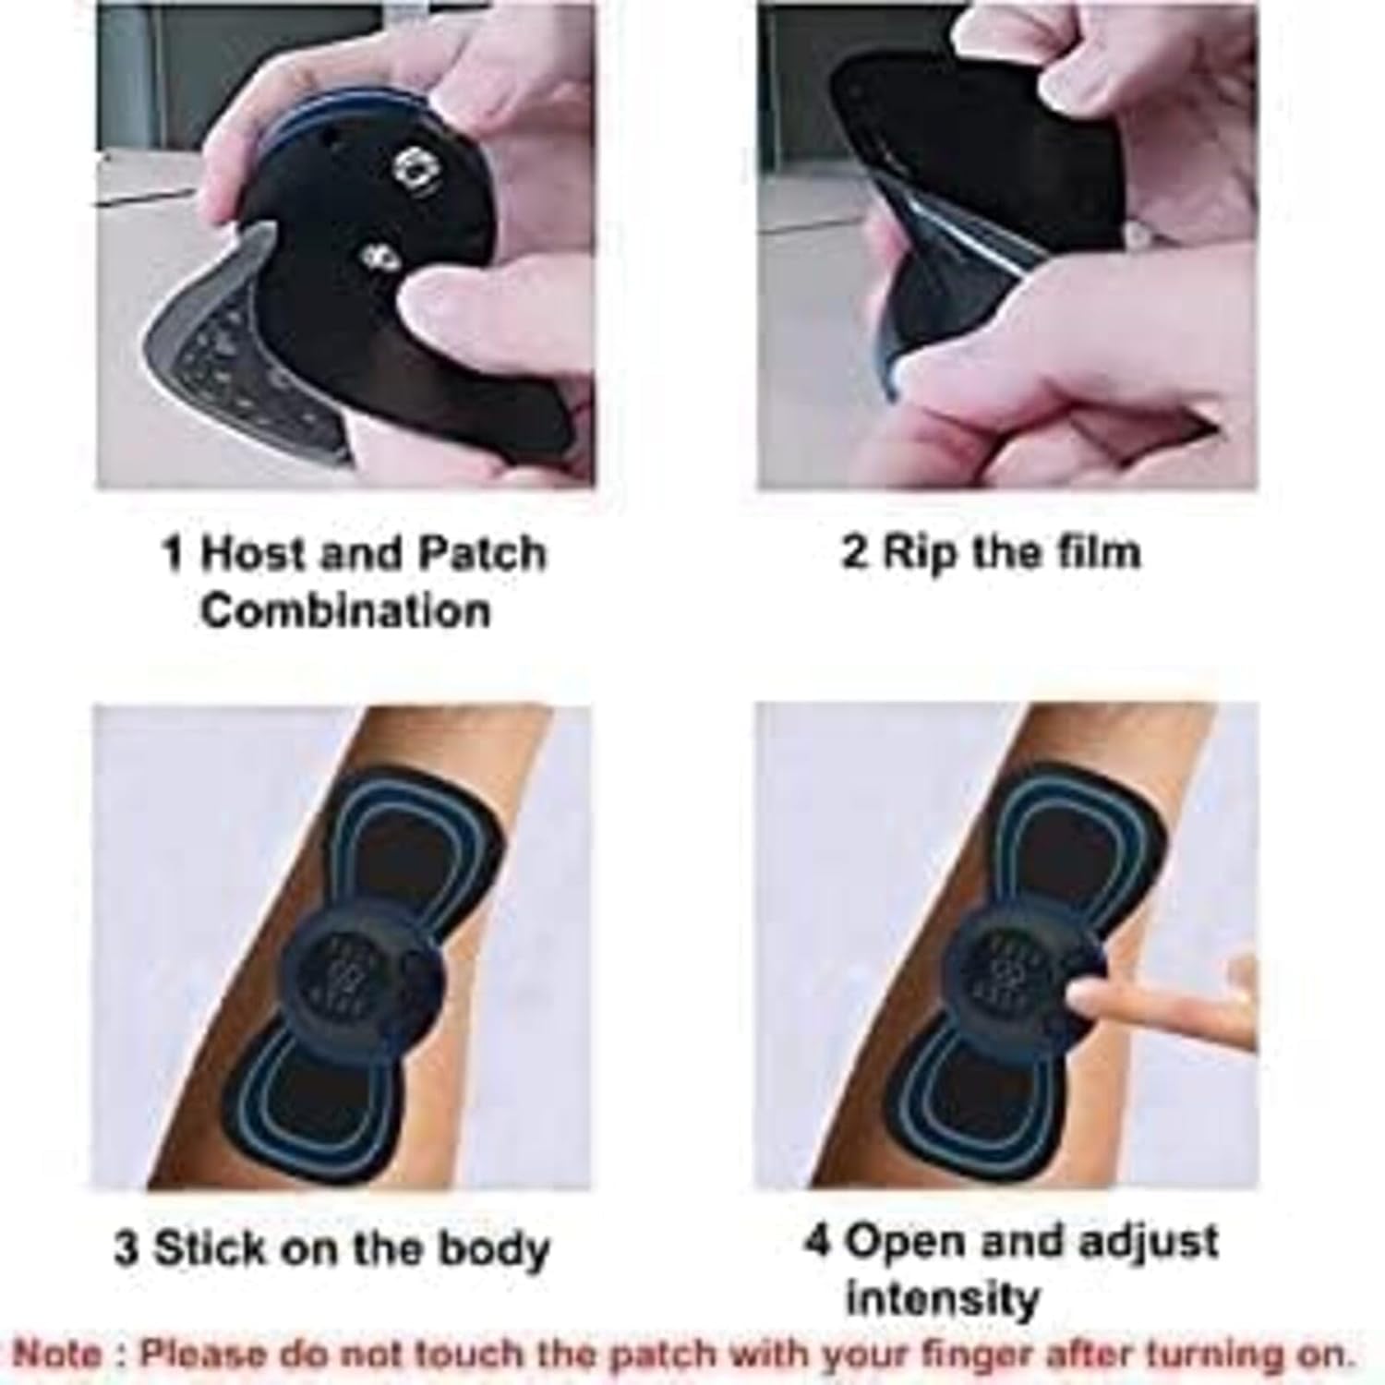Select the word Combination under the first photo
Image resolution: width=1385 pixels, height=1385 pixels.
click(345, 611)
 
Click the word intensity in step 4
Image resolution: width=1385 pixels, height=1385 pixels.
click(943, 1299)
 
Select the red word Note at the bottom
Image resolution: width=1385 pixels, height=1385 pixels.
click(58, 1355)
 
